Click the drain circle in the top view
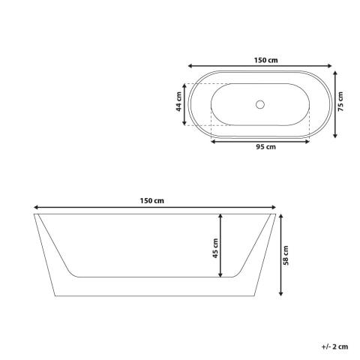pos(260,104)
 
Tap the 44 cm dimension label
pos(179,101)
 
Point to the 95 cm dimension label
pos(260,147)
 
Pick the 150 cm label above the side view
pos(153,200)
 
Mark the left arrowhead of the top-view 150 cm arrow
pos(190,67)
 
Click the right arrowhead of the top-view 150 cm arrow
pos(331,67)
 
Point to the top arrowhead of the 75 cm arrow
pos(334,72)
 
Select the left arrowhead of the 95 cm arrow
pos(213,140)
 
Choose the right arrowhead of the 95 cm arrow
pos(308,140)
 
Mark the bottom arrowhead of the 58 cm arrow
pos(280,294)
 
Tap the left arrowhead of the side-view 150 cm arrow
pos(35,207)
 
